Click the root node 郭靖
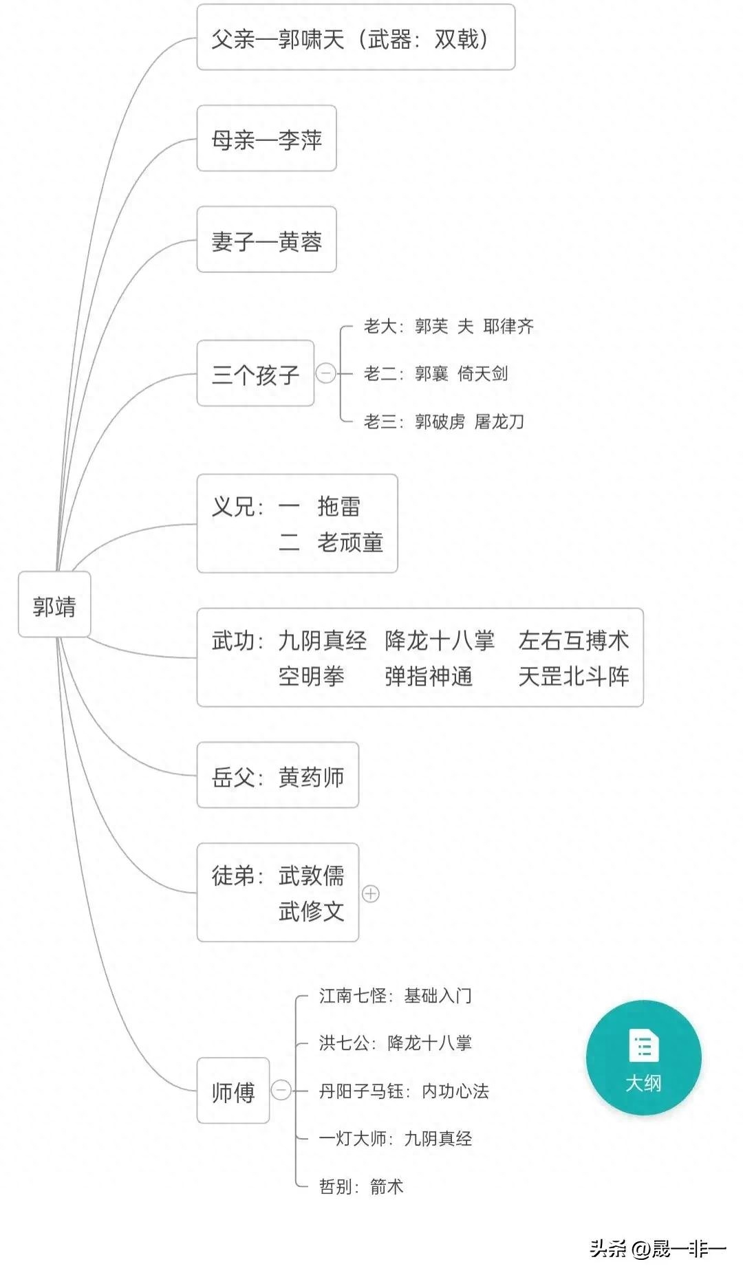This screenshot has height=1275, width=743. tap(54, 604)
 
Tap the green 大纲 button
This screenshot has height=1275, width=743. tap(643, 1058)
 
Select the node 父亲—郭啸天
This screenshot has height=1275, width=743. tap(356, 37)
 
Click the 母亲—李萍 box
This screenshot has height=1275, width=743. tap(266, 138)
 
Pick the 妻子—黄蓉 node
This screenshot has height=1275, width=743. tap(266, 239)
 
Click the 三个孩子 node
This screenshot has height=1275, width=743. tap(255, 373)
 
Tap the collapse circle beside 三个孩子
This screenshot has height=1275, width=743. tap(325, 373)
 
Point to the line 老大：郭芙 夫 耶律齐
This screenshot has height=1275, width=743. tap(449, 326)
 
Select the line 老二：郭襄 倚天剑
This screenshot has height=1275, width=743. tap(436, 373)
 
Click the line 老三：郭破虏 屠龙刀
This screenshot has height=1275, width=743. tap(444, 421)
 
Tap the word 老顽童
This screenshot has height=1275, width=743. tap(350, 542)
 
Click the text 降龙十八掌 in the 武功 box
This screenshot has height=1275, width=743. tap(440, 640)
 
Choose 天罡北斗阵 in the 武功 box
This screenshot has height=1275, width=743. tap(574, 676)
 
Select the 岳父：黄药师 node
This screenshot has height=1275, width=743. tap(278, 775)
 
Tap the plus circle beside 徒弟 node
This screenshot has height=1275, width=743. tap(371, 893)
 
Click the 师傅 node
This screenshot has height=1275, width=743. tap(233, 1091)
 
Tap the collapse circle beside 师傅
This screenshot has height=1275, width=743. tap(281, 1090)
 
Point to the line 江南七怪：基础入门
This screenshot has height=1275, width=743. tap(396, 995)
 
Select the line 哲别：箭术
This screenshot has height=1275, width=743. tap(361, 1186)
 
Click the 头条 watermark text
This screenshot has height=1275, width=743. tap(608, 1248)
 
